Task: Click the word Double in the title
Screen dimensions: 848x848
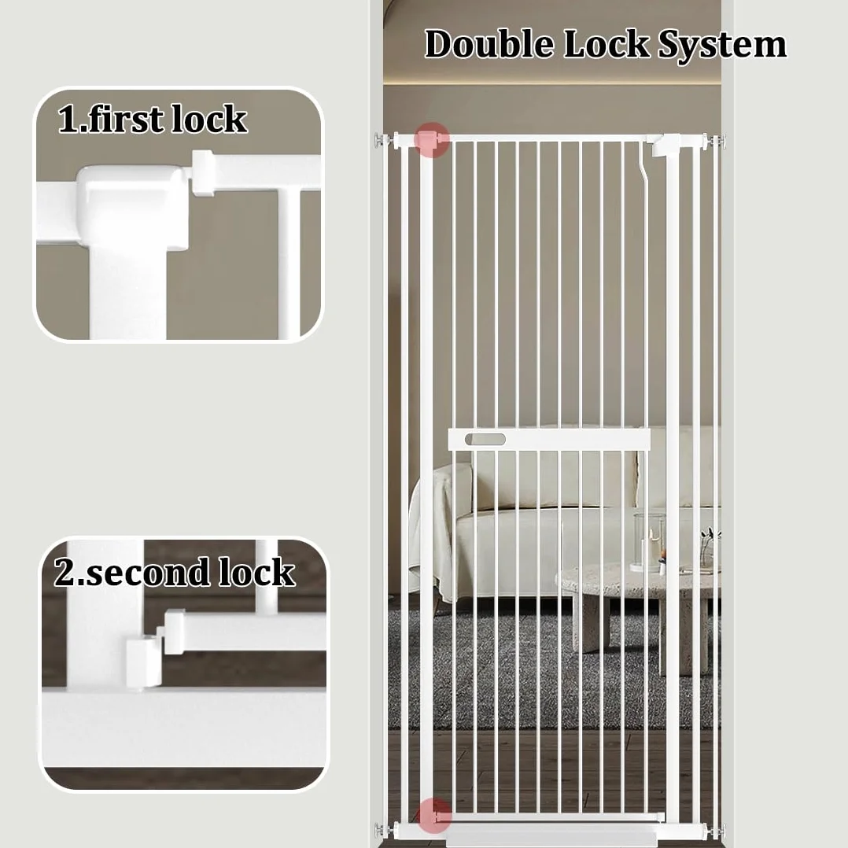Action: (x=489, y=43)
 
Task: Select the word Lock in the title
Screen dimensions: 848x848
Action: (x=607, y=43)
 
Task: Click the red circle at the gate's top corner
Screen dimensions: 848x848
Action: (x=432, y=139)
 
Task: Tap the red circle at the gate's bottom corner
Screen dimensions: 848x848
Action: (x=433, y=815)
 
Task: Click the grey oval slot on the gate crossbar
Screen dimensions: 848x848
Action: (x=485, y=439)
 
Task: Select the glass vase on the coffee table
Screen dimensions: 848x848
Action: (x=650, y=542)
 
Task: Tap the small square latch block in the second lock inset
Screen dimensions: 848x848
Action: (x=144, y=662)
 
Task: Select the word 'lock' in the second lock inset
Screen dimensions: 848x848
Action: (x=257, y=572)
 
